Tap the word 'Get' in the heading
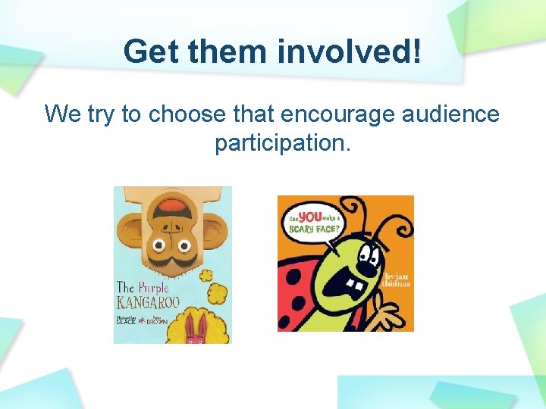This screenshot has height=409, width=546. point(151,52)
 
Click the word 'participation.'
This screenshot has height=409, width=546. point(283,142)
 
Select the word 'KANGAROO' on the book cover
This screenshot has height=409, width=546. point(149,304)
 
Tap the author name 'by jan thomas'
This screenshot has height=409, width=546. point(396,280)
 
